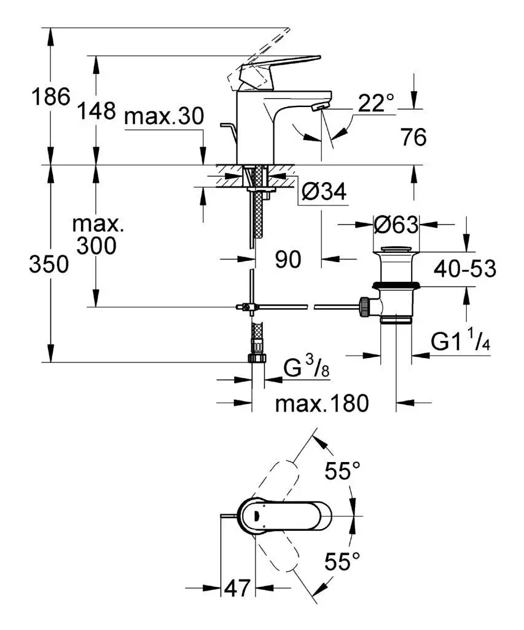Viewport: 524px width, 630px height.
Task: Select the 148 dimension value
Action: pyautogui.click(x=96, y=111)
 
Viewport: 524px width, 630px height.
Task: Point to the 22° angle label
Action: pyautogui.click(x=375, y=103)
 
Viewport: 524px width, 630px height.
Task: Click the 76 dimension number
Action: pyautogui.click(x=413, y=138)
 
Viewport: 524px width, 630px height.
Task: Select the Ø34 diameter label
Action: pyautogui.click(x=324, y=193)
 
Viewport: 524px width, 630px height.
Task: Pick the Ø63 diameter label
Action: pyautogui.click(x=396, y=225)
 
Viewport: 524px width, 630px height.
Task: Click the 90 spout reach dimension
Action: pyautogui.click(x=287, y=260)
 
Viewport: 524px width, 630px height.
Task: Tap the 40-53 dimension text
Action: pyautogui.click(x=464, y=268)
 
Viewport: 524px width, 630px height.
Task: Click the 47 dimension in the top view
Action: pyautogui.click(x=237, y=588)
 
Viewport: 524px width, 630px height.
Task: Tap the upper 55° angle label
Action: pyautogui.click(x=342, y=472)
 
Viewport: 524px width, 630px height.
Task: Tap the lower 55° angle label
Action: pyautogui.click(x=342, y=561)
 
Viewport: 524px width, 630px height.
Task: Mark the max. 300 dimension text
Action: pyautogui.click(x=98, y=236)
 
